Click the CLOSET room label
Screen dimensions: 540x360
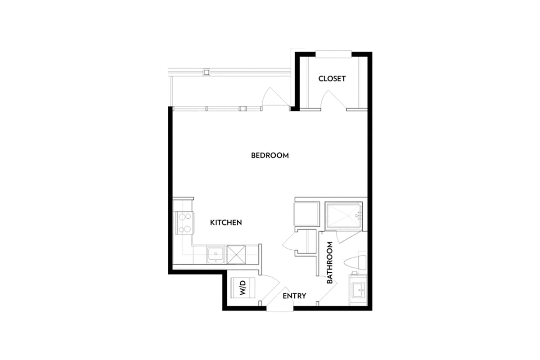coord(332,79)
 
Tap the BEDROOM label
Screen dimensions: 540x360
coord(270,156)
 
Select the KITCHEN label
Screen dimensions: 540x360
coord(226,223)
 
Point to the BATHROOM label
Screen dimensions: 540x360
coord(329,263)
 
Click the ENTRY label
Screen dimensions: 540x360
coord(294,296)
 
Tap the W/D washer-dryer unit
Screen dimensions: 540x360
coord(243,288)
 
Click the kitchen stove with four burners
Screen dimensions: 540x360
coord(185,223)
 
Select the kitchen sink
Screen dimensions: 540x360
coord(216,255)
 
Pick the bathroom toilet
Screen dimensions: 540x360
coord(355,263)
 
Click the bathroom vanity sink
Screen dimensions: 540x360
coord(358,290)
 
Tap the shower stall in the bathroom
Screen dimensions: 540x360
coord(343,216)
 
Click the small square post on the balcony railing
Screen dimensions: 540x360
coord(207,72)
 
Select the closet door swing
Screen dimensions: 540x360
coord(333,99)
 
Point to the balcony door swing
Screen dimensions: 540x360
coord(275,96)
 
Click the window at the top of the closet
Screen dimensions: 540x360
coord(333,54)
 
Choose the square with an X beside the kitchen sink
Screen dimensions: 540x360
coord(236,255)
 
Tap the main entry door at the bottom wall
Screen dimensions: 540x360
coord(279,300)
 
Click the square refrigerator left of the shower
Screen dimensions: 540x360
coord(306,214)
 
